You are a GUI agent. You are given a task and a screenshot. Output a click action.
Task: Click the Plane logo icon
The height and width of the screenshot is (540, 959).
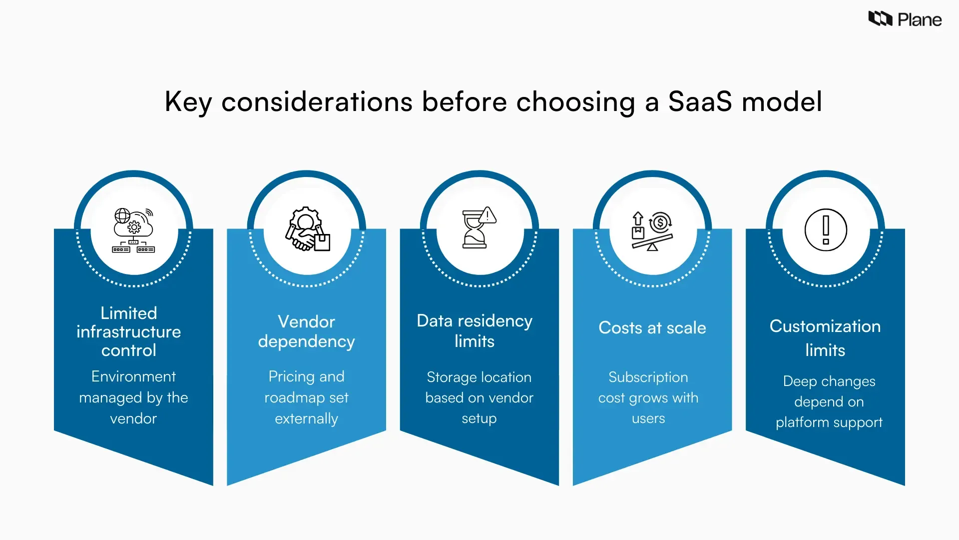point(880,19)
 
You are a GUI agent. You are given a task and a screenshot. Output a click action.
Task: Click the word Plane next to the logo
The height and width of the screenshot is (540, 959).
point(920,20)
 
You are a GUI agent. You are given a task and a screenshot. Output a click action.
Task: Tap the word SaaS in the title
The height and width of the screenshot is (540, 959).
point(700,101)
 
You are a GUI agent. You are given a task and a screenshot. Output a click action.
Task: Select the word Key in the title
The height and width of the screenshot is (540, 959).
point(188,102)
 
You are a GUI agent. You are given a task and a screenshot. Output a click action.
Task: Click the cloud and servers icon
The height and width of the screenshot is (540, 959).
point(133,230)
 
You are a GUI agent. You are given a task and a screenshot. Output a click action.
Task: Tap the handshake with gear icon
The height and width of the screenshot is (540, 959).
point(307,229)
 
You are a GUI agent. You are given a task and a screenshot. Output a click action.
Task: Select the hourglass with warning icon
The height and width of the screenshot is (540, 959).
point(479,228)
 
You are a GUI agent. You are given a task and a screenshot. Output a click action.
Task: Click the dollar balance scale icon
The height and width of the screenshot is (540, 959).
point(652,230)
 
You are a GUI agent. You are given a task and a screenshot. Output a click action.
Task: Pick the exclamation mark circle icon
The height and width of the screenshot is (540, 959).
point(826,230)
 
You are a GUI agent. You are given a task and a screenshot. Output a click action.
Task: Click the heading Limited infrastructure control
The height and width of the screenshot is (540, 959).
point(129,331)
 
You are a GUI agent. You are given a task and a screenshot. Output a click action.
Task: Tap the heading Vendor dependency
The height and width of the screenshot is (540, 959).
point(306,331)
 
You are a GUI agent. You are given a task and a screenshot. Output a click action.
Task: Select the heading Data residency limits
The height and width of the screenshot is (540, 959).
point(475,330)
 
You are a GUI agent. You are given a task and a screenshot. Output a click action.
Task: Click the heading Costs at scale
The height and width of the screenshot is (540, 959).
point(652,327)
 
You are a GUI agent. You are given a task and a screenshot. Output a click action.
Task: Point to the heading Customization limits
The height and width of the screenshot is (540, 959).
point(825,337)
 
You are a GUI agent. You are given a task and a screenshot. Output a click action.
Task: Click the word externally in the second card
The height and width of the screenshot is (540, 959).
point(306,418)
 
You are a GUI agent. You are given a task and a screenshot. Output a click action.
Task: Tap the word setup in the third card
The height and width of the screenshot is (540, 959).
point(479,418)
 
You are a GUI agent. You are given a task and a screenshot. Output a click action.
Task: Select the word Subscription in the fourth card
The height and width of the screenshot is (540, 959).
point(648,377)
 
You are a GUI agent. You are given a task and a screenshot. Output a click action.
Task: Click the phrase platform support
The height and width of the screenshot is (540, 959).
point(829,422)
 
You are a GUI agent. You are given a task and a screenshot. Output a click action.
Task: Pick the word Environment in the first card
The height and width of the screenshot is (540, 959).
point(133,376)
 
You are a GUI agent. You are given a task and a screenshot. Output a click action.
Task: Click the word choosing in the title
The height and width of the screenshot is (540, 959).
point(575,102)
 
